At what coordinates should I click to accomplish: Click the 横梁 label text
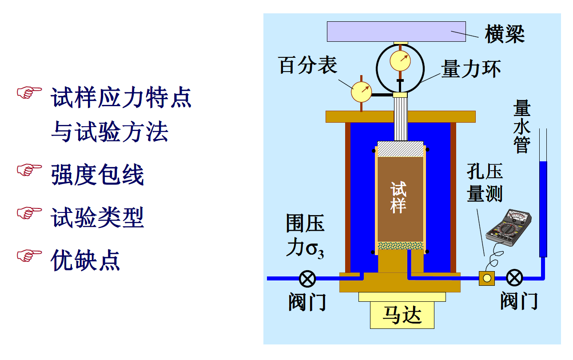(505, 34)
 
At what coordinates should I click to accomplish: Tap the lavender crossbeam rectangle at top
(396, 31)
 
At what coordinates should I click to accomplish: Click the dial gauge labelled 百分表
(362, 91)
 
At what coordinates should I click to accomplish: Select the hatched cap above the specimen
(400, 149)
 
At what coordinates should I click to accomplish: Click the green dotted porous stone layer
(400, 245)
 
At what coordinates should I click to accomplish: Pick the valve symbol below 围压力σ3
(307, 279)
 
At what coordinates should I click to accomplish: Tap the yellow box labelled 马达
(402, 315)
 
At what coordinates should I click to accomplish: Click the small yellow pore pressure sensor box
(487, 278)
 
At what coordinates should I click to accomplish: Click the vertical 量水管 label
(521, 126)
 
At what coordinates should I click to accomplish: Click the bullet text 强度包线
(98, 175)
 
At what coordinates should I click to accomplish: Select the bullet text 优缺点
(86, 260)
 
